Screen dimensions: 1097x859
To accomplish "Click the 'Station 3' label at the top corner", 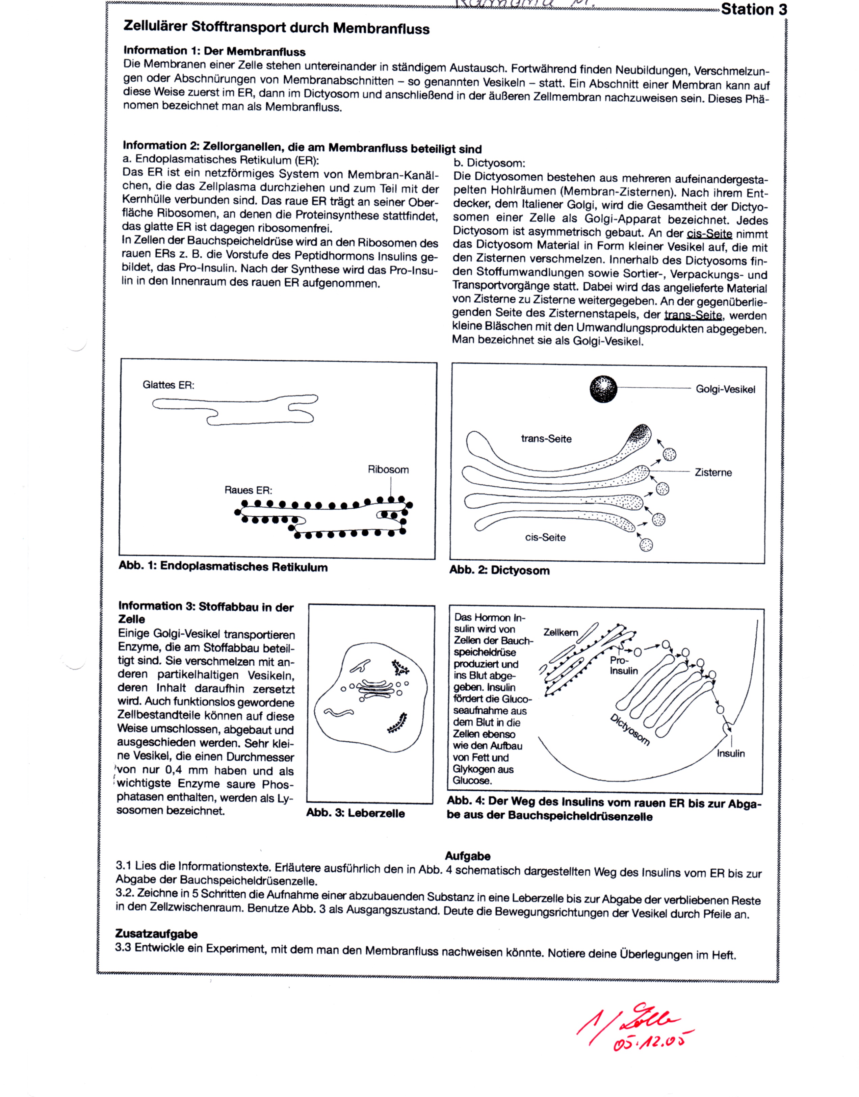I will pos(753,9).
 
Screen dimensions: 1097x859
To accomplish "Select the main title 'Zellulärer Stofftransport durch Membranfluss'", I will pos(276,28).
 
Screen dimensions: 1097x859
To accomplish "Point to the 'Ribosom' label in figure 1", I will pos(388,470).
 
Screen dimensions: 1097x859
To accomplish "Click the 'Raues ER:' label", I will pos(249,490).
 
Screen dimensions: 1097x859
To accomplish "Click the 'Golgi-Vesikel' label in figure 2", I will pos(725,390).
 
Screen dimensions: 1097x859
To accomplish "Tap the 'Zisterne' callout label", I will pos(713,473).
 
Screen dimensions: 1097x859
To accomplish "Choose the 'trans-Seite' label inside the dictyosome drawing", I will pos(546,439).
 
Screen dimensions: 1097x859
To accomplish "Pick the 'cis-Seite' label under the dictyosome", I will pos(545,538).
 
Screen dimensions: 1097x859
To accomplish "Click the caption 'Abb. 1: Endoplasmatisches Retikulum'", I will pos(223,567).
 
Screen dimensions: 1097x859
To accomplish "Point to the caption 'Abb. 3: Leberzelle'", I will pos(355,813).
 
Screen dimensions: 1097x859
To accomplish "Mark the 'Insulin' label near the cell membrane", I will pos(731,754).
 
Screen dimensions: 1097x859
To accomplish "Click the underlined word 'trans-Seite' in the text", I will pos(693,316).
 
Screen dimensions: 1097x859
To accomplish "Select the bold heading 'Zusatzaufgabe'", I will pos(156,934).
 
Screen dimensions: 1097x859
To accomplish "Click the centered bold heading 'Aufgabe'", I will pos(468,856).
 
